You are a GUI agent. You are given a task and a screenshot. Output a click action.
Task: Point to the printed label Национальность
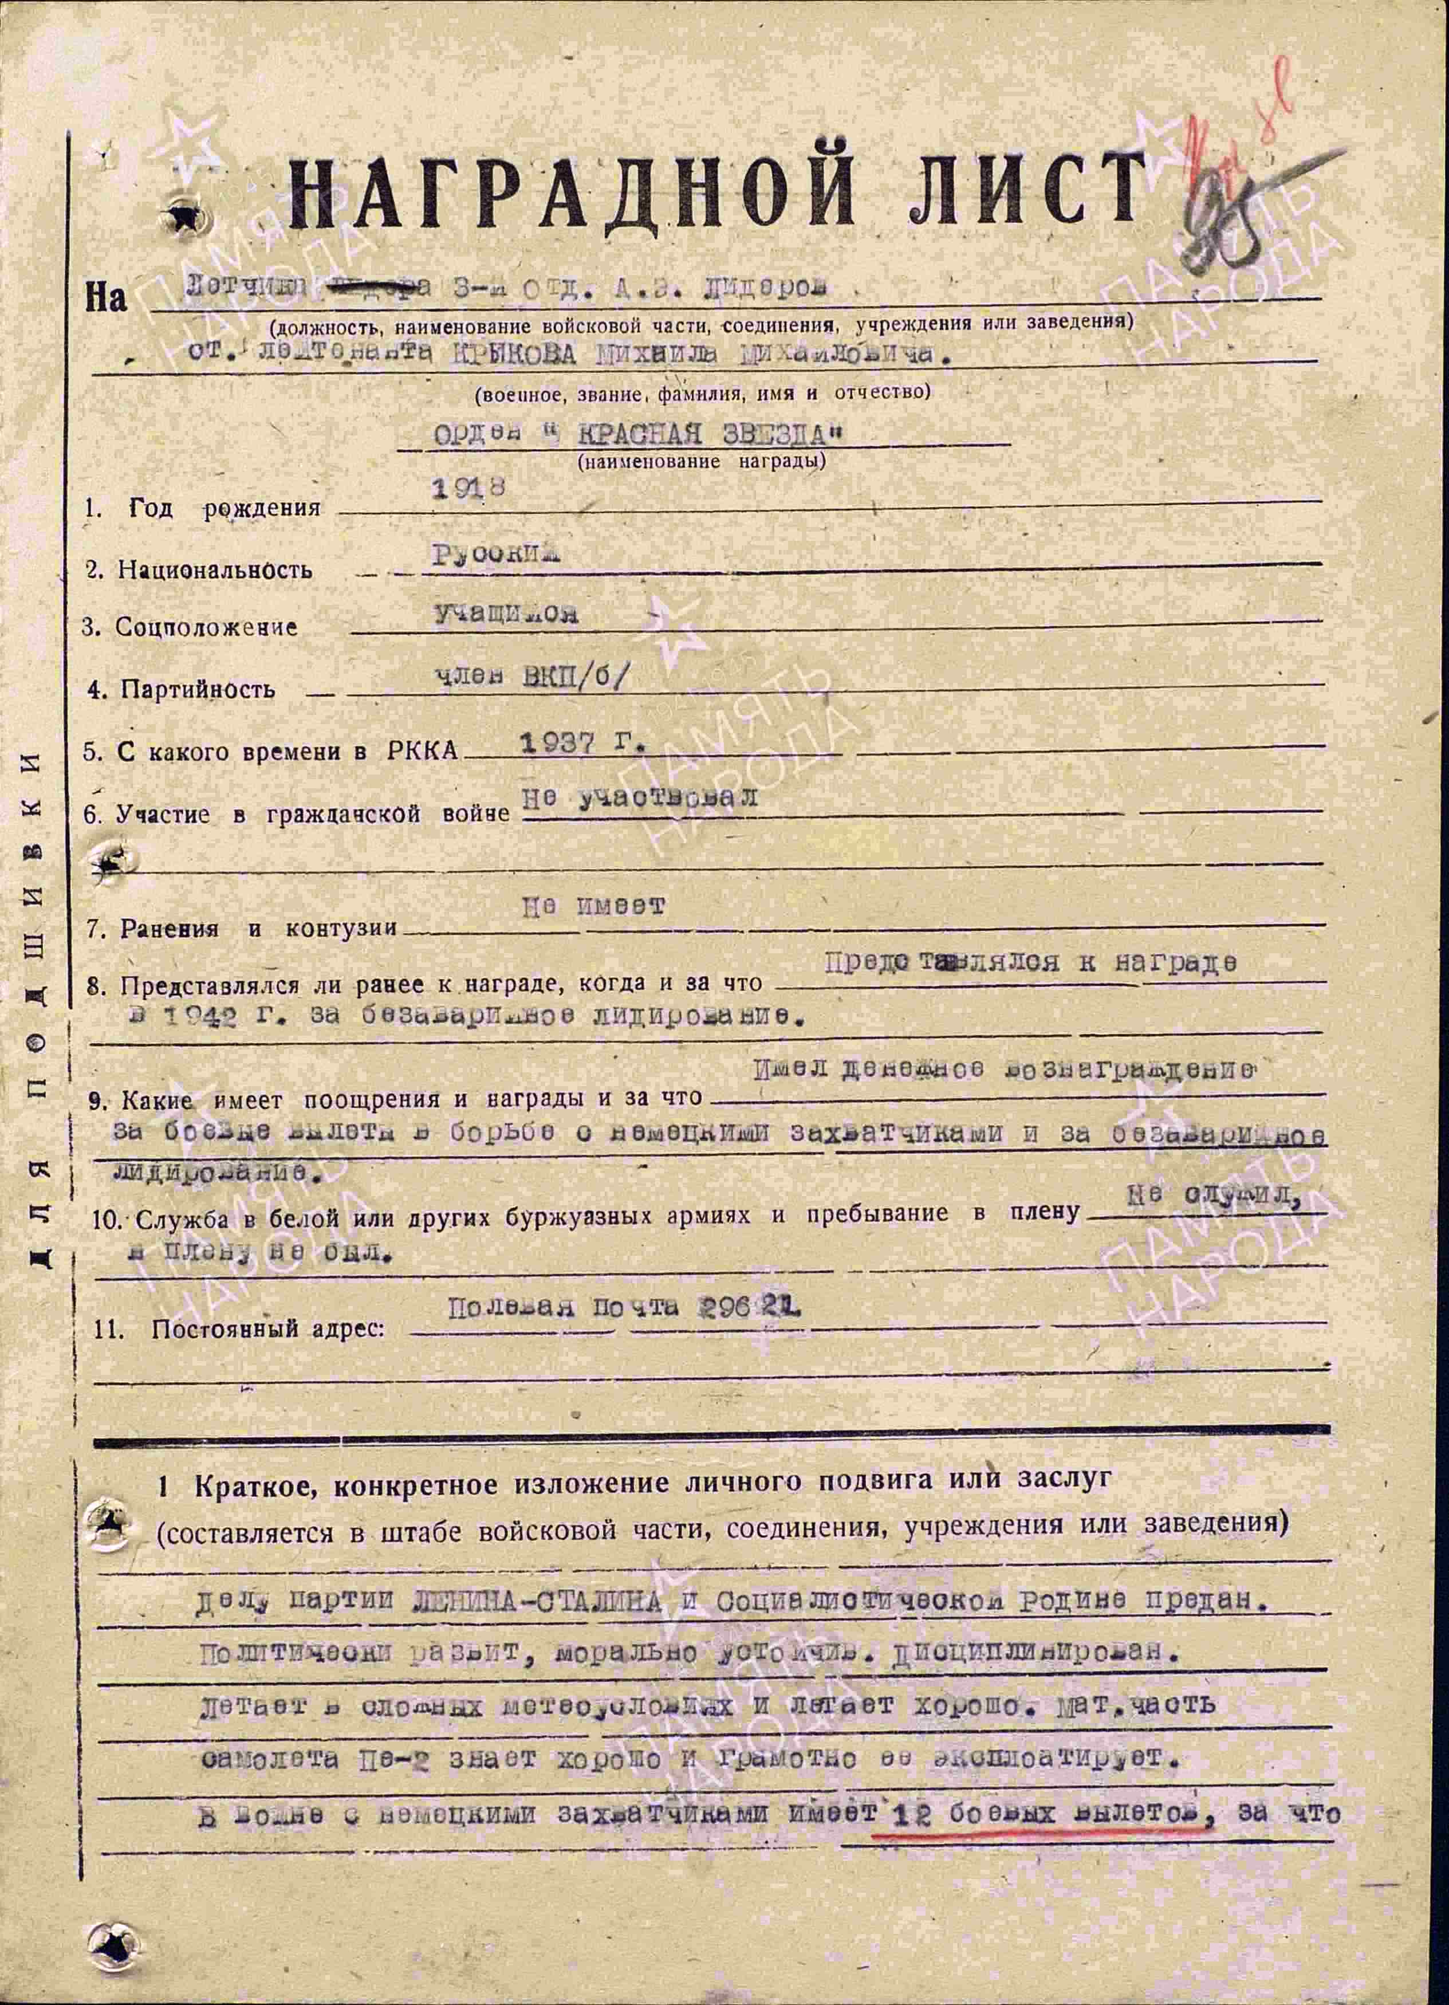click(214, 569)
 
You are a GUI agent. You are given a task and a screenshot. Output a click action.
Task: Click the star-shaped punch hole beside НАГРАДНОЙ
click(186, 215)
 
